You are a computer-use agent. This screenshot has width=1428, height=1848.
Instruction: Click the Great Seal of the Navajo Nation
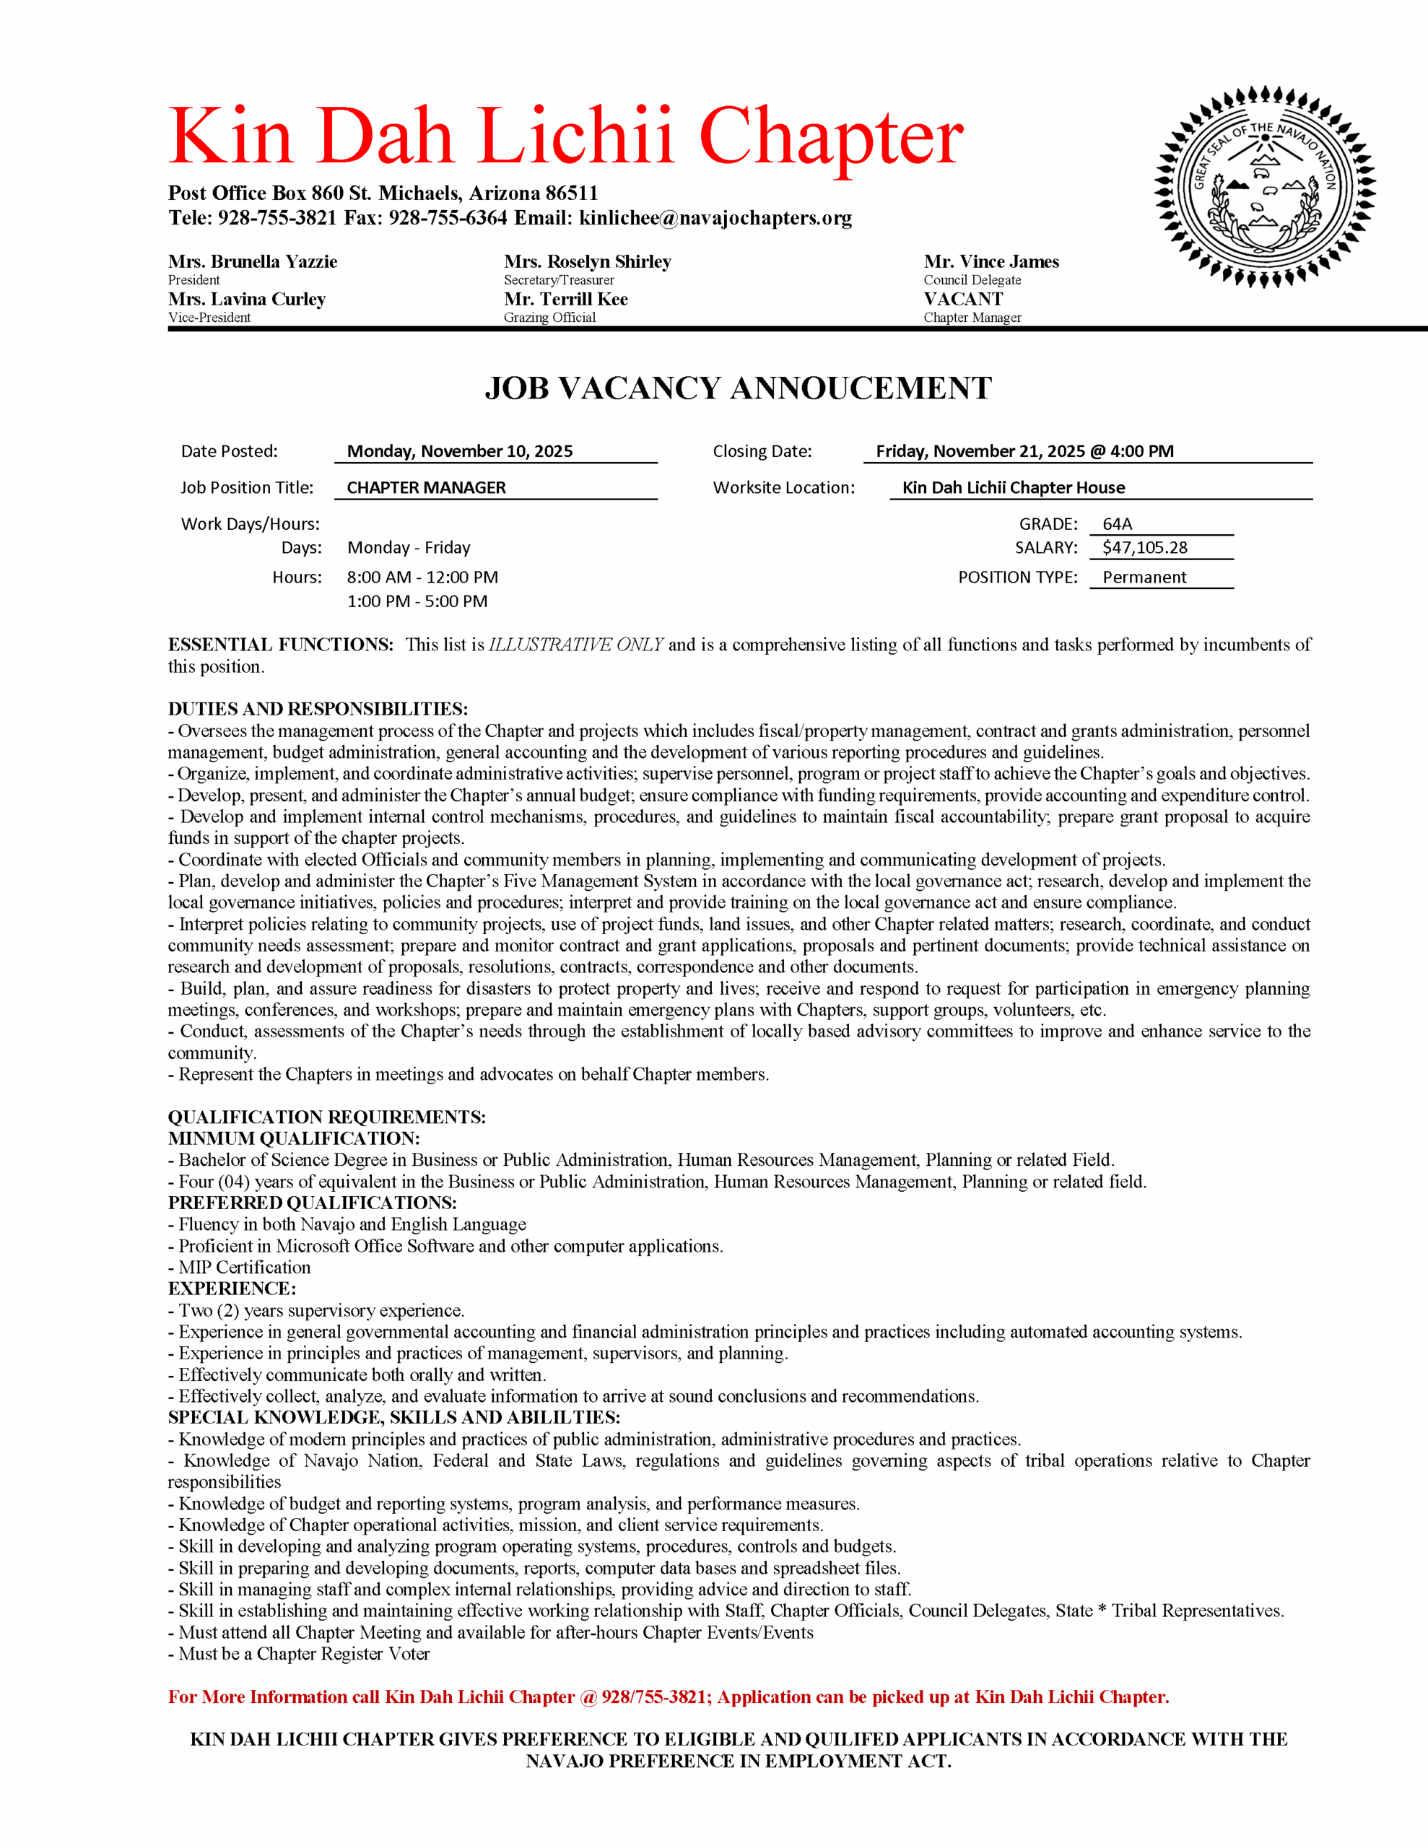click(1265, 186)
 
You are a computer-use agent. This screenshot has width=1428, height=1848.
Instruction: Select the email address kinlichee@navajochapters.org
click(715, 218)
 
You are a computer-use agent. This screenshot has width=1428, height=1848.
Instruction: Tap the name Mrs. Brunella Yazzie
click(252, 261)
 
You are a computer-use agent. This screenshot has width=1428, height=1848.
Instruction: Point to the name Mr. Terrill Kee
click(565, 299)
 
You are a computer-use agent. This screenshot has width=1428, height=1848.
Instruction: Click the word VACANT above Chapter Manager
click(962, 299)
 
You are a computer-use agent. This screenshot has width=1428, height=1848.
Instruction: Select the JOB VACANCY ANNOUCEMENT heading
click(737, 388)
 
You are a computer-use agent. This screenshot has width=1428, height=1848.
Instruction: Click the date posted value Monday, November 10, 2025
click(460, 451)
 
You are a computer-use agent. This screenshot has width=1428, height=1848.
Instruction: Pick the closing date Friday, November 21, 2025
click(1024, 451)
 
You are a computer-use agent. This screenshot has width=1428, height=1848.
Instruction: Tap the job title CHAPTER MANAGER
click(426, 487)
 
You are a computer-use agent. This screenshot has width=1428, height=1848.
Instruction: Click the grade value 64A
click(1118, 524)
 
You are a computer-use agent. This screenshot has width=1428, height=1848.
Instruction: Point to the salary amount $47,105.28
click(1144, 547)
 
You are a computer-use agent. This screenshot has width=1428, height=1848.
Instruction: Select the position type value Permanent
click(1144, 577)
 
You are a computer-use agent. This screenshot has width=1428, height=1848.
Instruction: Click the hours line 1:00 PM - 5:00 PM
click(417, 601)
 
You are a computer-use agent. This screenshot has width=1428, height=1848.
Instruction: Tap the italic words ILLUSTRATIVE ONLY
click(575, 645)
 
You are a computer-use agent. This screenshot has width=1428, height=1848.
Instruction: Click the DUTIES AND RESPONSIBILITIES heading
click(318, 709)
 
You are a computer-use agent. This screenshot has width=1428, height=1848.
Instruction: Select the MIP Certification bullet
click(244, 1267)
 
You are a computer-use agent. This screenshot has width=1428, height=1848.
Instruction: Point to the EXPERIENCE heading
click(232, 1289)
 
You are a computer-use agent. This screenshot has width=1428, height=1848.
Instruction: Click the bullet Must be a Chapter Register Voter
click(303, 1653)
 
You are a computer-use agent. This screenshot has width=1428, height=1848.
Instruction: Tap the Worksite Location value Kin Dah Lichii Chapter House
click(1013, 487)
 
